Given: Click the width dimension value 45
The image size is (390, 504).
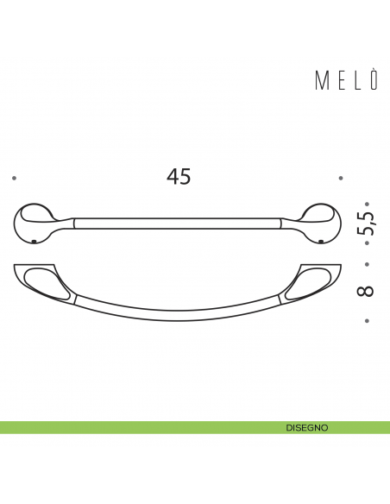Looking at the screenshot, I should (x=179, y=177).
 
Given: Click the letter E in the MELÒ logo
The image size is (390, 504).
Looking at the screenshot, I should (x=339, y=82).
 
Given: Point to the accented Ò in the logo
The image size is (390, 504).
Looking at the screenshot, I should (x=373, y=81).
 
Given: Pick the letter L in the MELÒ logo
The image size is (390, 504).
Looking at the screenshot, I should (x=355, y=82).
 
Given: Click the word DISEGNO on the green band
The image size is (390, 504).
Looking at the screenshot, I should (x=306, y=427).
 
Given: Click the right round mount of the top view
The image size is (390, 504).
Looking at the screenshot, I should (x=322, y=221).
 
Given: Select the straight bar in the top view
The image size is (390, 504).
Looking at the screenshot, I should (x=177, y=223).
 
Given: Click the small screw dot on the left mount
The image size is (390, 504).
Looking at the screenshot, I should (x=32, y=240).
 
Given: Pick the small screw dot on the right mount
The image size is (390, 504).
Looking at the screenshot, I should (x=321, y=240).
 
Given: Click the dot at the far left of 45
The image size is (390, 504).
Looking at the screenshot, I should (x=15, y=178).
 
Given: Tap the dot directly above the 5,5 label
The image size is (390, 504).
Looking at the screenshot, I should (x=367, y=196).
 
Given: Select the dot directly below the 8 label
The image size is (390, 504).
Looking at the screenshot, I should (x=367, y=322).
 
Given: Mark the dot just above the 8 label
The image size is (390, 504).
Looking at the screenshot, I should (x=367, y=264).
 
